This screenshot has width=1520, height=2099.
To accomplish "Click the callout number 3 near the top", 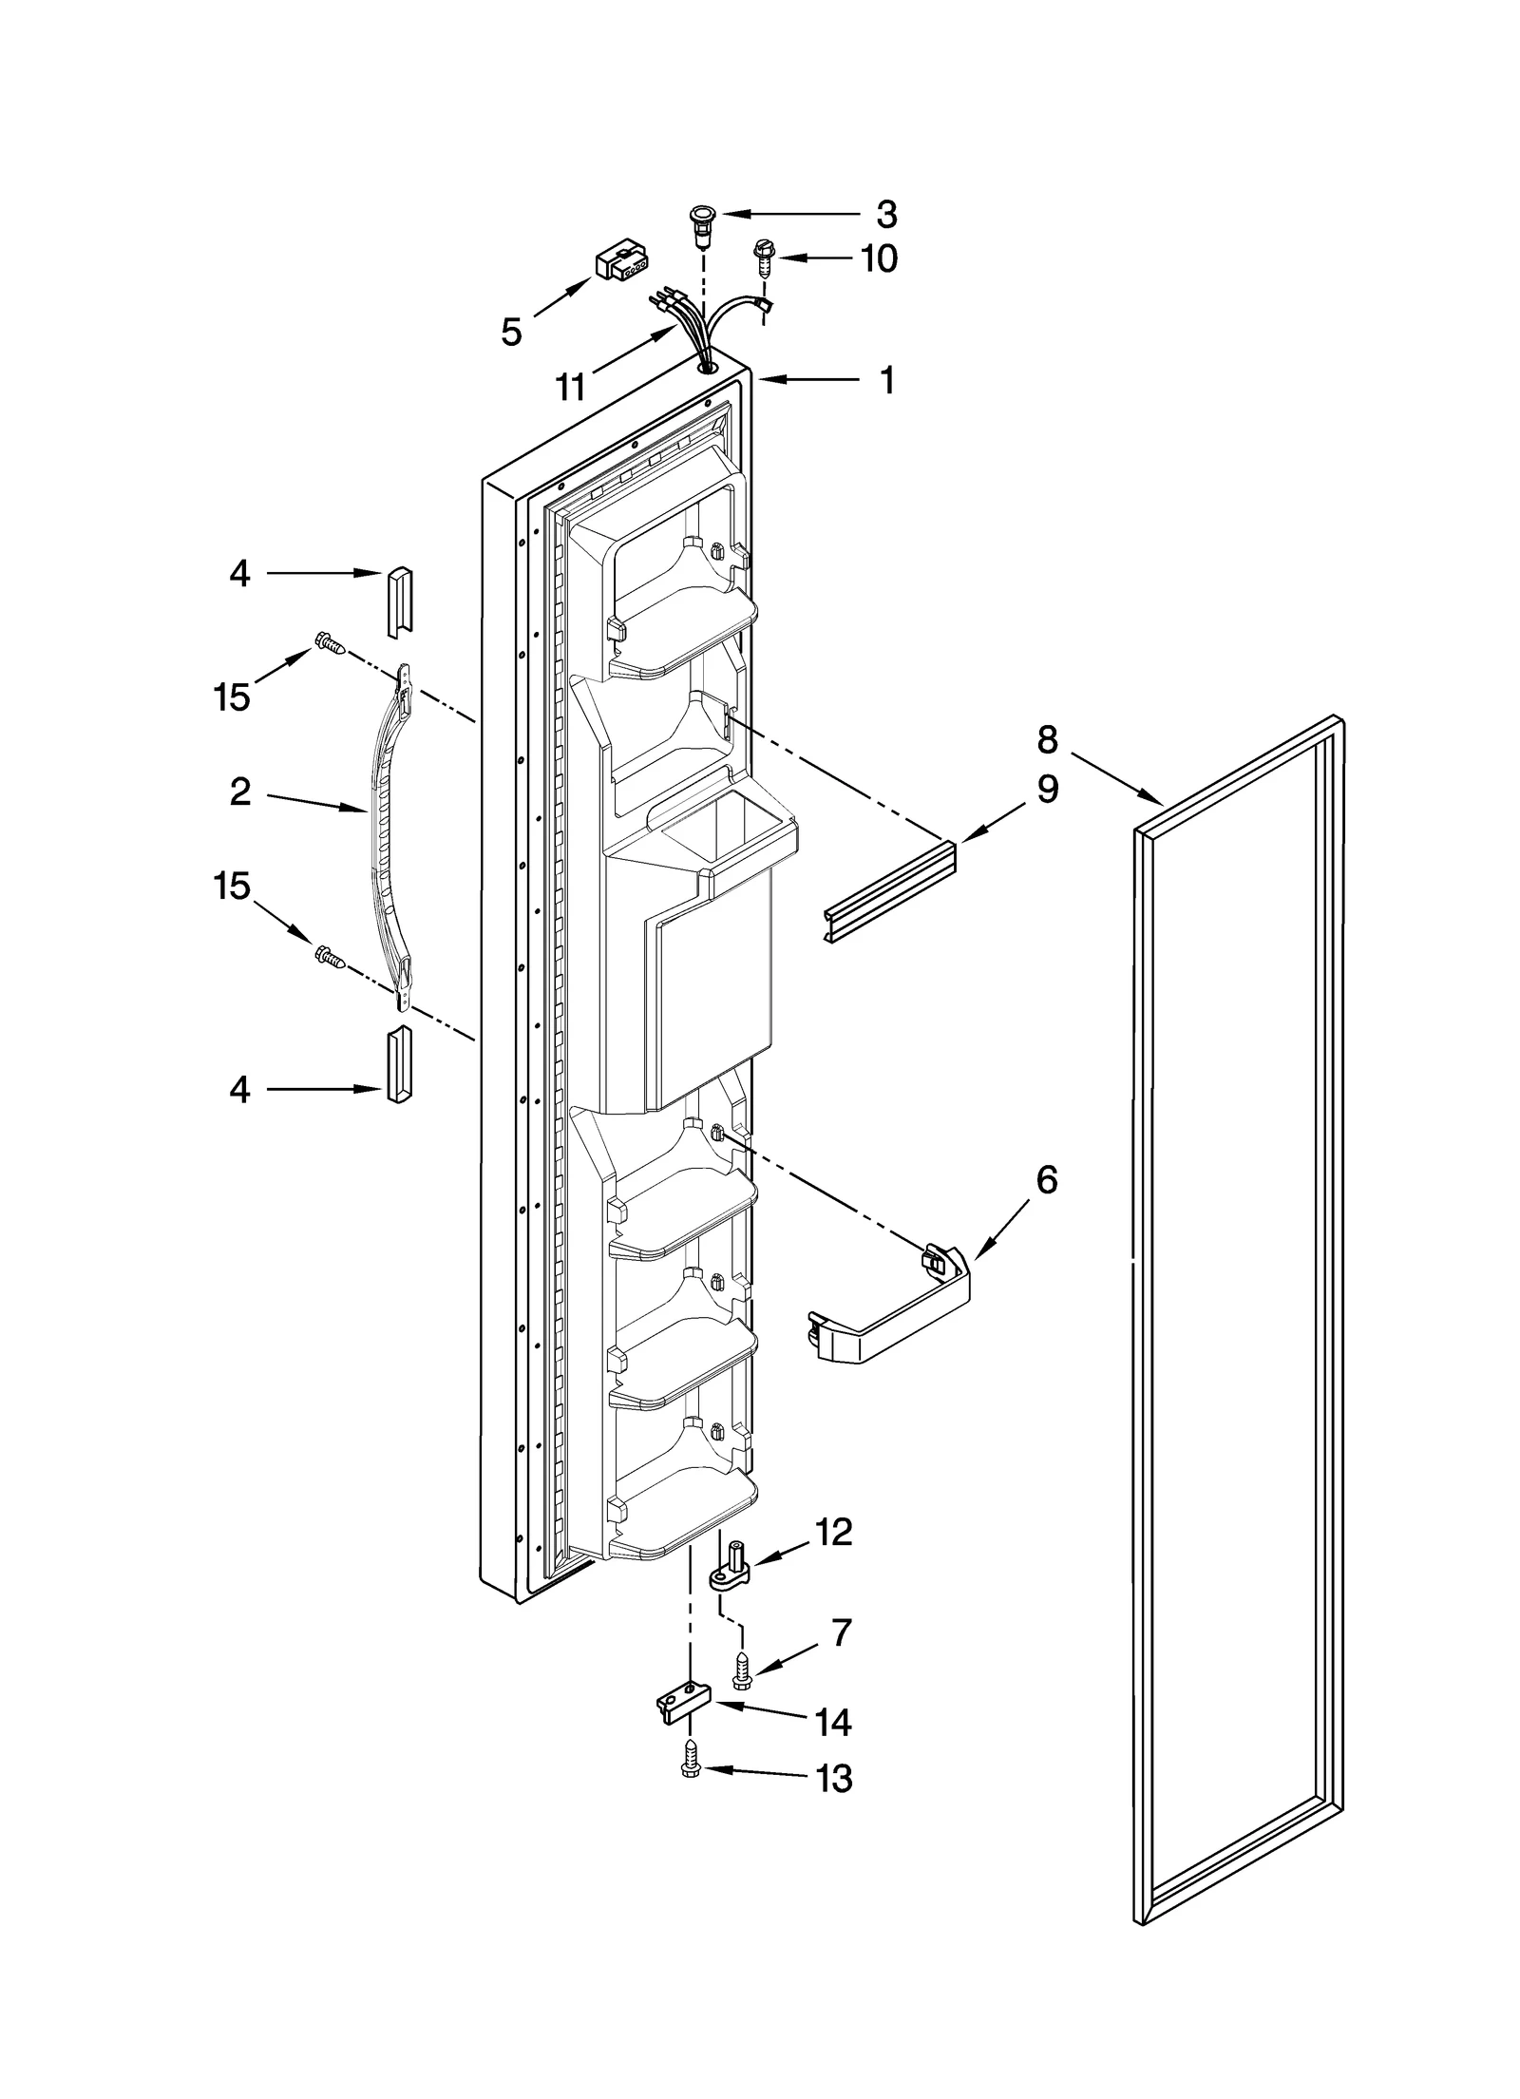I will (x=885, y=215).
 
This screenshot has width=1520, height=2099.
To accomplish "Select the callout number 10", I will (x=880, y=258).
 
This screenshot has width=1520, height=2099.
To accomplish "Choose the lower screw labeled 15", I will (x=329, y=958).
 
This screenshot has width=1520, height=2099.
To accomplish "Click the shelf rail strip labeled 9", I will (x=888, y=890).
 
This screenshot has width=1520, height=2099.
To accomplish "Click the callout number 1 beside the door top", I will (x=886, y=380).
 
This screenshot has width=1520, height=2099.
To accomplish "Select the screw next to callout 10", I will (x=763, y=257).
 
